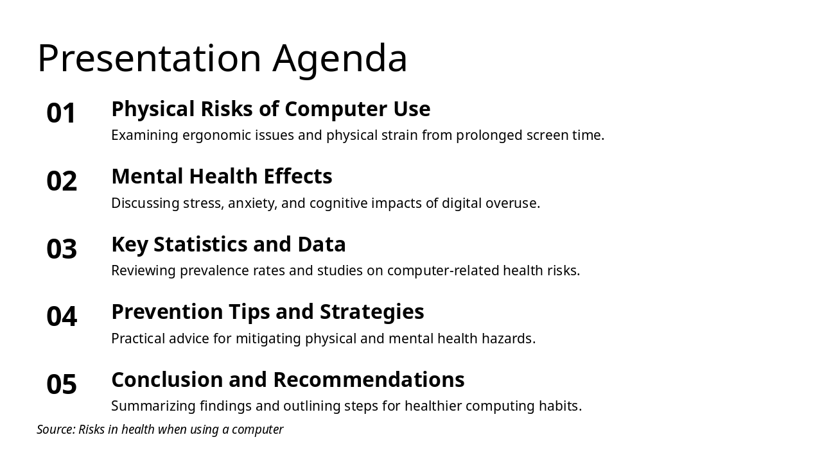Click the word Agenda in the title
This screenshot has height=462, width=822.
340,59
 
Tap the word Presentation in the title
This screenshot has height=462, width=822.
149,59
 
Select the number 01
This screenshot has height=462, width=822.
62,114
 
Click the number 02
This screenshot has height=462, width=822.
62,182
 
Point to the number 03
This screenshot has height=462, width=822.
62,249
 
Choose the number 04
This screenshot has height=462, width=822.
62,317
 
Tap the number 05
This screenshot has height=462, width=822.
62,384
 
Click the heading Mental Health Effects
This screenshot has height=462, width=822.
222,176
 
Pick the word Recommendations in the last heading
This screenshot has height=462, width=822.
369,380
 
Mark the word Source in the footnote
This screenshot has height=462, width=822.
55,429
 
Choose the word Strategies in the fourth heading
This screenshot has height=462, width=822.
372,312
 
